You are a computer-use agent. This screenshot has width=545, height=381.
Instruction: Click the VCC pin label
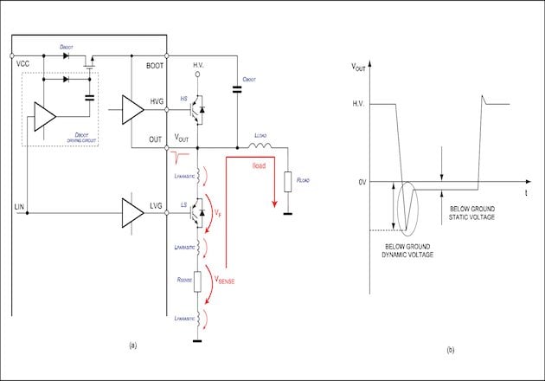[x=22, y=63]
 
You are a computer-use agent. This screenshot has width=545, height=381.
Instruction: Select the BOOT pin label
[x=154, y=63]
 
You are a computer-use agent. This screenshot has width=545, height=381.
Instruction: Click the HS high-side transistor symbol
[x=198, y=109]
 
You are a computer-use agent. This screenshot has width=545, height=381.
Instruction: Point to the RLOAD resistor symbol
[x=287, y=183]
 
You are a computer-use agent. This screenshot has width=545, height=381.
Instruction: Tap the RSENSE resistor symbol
[x=198, y=281]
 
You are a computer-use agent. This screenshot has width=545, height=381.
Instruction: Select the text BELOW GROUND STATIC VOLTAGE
[x=479, y=211]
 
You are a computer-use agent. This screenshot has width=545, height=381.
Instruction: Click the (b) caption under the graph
[x=450, y=350]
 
